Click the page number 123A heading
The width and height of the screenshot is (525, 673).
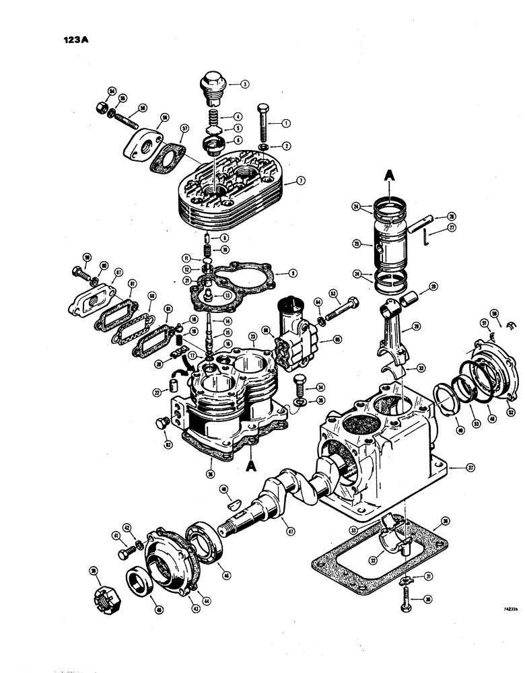[73, 39]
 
